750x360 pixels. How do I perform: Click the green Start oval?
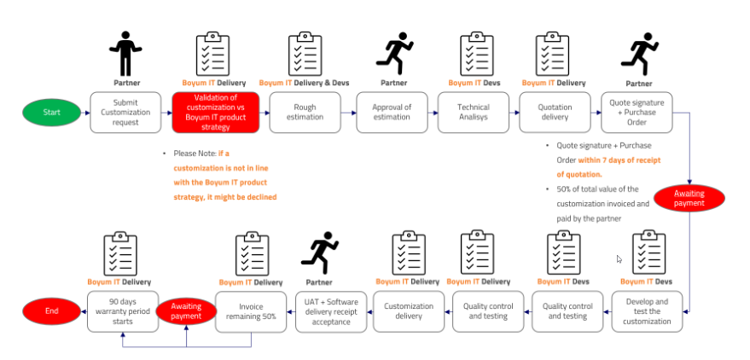coord(51,113)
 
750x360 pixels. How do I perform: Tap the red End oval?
coord(51,311)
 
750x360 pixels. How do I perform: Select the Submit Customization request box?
coord(125,113)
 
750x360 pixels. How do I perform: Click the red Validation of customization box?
coord(216,113)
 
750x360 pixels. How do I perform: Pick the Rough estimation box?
coord(305,113)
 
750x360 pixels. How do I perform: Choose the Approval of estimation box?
coord(392,113)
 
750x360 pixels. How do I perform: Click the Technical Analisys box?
coord(474,113)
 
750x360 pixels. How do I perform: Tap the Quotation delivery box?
coord(555,113)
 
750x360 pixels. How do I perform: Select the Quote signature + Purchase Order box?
coord(637,113)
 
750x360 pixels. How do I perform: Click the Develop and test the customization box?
coord(648,311)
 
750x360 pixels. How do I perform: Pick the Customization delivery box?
coord(409,311)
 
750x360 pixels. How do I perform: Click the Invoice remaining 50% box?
coord(252,311)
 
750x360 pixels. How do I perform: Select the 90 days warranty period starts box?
coord(124,311)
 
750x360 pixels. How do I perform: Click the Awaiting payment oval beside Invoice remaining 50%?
coord(185,311)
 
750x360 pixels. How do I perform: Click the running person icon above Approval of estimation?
coord(393,54)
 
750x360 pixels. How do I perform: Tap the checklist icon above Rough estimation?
coord(305,55)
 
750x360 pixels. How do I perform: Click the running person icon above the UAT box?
coord(320,253)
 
